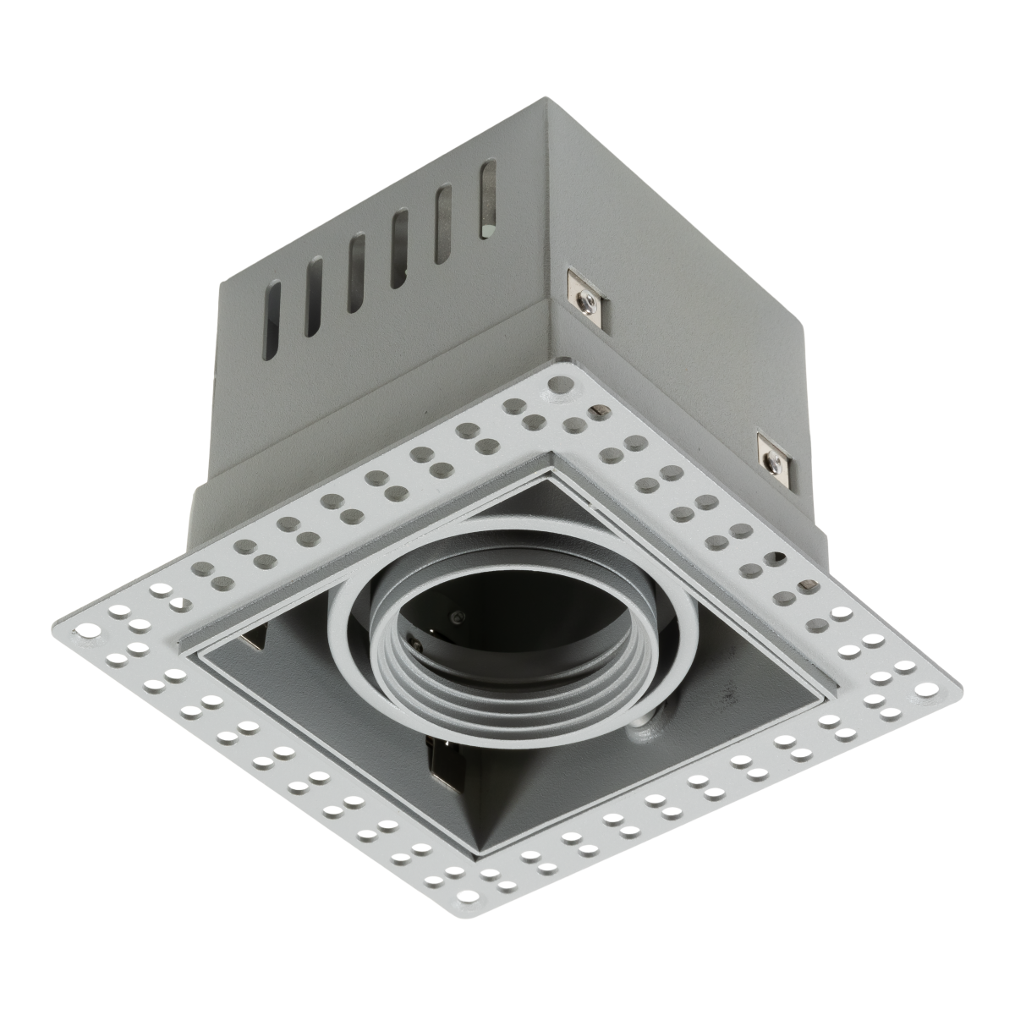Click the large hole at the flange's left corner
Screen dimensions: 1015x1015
(x=85, y=629)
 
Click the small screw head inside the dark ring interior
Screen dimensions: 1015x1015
(x=458, y=615)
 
